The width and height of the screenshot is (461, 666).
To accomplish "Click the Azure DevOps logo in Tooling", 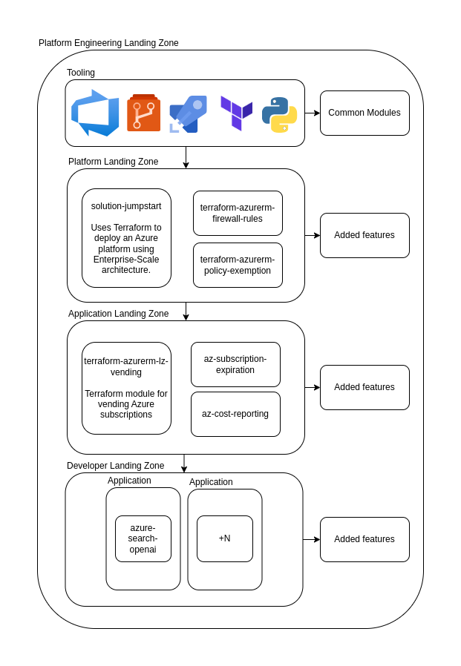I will tap(95, 113).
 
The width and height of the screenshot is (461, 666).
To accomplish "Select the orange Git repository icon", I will tap(143, 113).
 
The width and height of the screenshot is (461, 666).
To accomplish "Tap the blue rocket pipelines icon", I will tap(188, 114).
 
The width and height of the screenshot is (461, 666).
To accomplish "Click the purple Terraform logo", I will tap(236, 113).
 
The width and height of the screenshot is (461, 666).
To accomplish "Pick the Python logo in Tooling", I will tap(279, 114).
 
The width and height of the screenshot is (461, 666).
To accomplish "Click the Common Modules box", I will tap(364, 113).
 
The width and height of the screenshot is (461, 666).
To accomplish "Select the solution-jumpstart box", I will tap(126, 237).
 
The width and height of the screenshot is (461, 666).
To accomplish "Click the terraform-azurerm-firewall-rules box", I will tap(238, 213).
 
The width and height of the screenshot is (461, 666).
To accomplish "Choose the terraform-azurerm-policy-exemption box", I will tap(238, 265).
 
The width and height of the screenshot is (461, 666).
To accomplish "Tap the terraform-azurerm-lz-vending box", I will tap(126, 388).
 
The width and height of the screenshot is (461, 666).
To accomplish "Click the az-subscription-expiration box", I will tap(235, 364).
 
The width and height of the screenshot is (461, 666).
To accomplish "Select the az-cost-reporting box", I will tap(235, 414).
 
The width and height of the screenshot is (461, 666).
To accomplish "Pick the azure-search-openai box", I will tap(143, 538).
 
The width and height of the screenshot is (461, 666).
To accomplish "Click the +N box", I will tap(224, 538).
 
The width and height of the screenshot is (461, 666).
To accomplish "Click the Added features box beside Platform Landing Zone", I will tap(364, 235).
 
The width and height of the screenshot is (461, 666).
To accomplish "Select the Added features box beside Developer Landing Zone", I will tap(364, 539).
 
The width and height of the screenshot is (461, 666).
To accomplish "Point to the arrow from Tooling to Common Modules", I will tap(312, 113).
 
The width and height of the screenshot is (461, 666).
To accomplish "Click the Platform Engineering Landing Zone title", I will tap(108, 43).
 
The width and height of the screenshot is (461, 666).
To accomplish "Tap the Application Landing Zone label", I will tap(118, 314).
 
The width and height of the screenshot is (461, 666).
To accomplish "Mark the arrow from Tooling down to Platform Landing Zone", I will tap(186, 157).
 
